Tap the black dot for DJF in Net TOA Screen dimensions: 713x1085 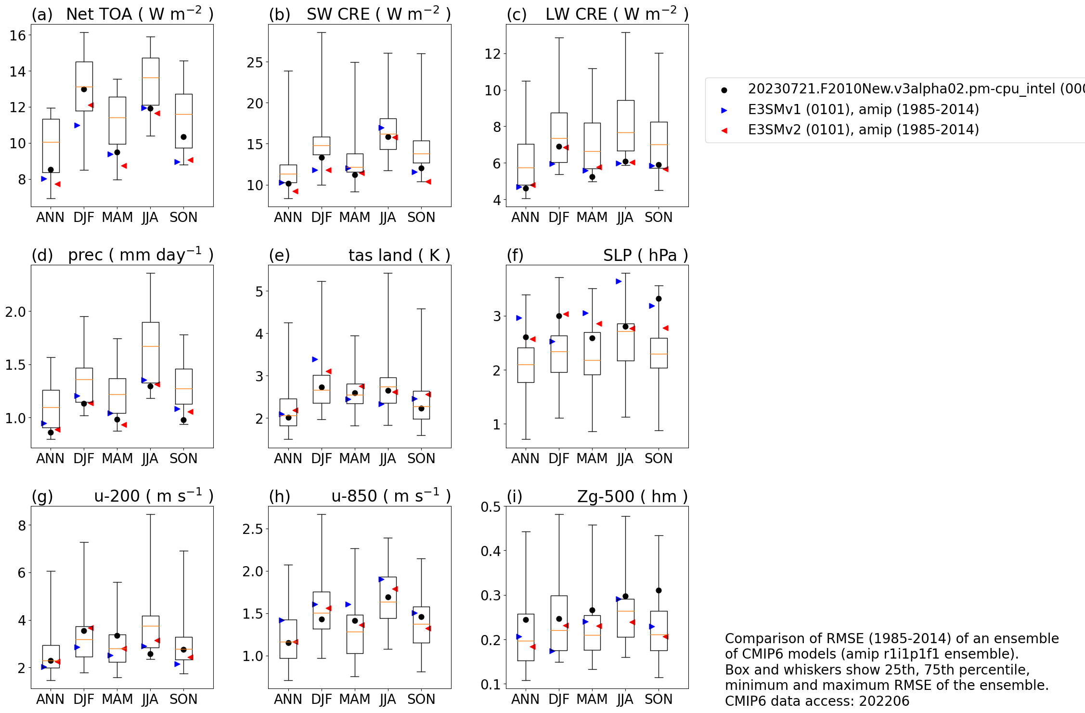(84, 89)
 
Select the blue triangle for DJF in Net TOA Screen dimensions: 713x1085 (77, 126)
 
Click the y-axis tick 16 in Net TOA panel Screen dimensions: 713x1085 (18, 35)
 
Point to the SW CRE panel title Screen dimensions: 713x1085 (378, 14)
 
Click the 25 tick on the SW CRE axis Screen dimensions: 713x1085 (255, 63)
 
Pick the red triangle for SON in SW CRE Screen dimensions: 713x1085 (428, 182)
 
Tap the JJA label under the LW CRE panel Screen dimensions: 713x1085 (625, 218)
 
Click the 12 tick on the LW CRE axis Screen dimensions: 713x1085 (493, 53)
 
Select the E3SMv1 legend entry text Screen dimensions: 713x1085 (863, 110)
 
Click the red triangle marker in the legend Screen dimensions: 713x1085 (724, 130)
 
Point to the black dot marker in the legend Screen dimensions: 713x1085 (724, 90)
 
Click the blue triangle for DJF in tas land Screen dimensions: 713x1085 (315, 360)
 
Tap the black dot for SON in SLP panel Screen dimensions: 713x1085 (659, 299)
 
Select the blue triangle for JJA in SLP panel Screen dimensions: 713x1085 (619, 282)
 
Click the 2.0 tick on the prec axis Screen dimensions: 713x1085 (15, 312)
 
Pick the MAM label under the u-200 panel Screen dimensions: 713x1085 (117, 699)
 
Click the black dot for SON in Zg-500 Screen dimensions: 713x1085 (659, 591)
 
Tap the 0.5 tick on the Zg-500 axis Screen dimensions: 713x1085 (491, 507)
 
